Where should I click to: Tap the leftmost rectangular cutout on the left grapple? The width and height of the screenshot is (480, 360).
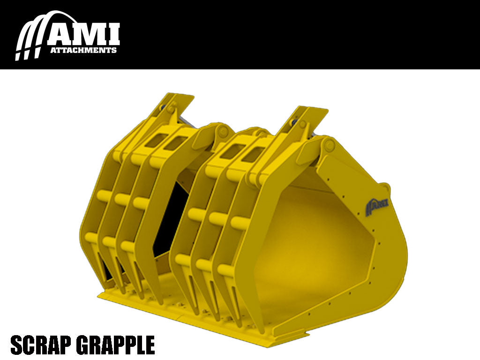coord(156,139)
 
